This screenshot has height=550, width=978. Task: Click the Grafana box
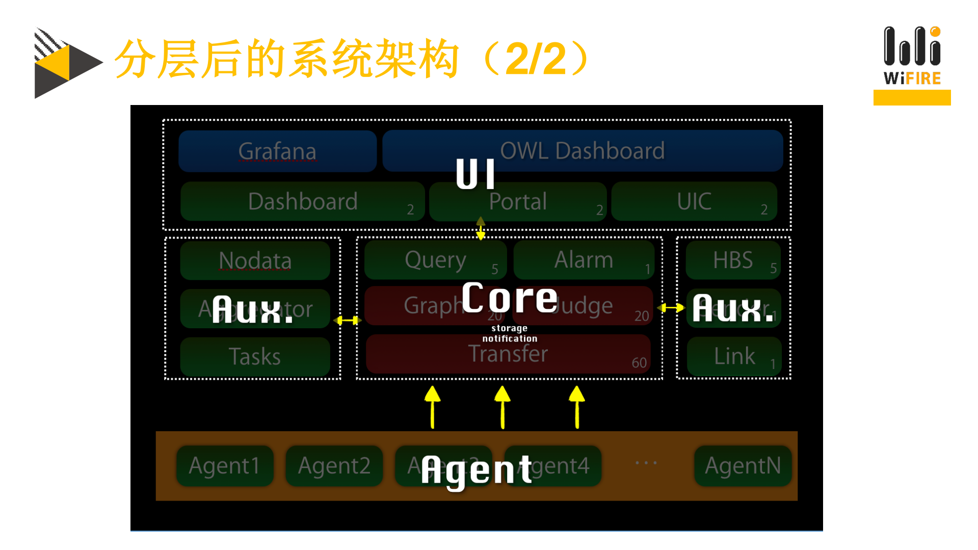click(277, 151)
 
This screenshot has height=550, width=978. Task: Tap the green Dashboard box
click(302, 201)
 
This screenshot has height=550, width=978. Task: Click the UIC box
click(694, 201)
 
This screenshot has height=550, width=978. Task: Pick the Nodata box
click(255, 260)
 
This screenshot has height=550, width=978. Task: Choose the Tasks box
click(255, 356)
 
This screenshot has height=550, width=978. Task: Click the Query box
click(435, 260)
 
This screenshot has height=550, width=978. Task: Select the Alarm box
click(584, 260)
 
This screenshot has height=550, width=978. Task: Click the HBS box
click(732, 260)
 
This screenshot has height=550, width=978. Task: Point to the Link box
click(734, 356)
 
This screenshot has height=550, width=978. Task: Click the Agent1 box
click(224, 465)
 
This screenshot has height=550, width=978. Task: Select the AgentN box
click(743, 465)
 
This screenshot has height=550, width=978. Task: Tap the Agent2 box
click(334, 465)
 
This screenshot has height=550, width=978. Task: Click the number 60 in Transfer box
click(639, 363)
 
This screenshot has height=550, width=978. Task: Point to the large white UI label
click(475, 174)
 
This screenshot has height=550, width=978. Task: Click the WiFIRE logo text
click(912, 78)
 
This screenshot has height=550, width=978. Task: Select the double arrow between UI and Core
click(481, 228)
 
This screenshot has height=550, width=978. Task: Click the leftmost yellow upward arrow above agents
click(432, 407)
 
